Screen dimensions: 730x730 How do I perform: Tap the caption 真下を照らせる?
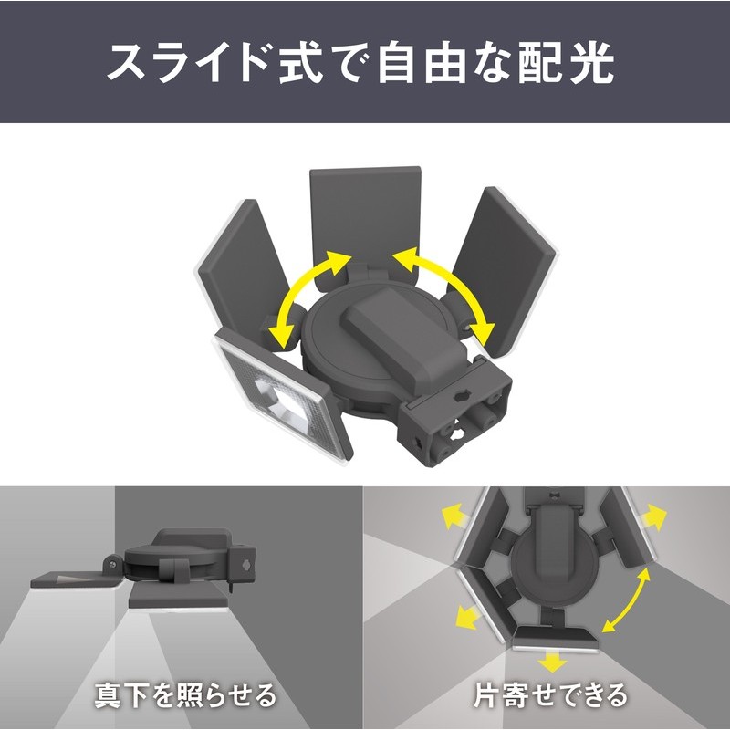(x=185, y=696)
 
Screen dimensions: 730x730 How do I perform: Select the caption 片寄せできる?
(x=550, y=696)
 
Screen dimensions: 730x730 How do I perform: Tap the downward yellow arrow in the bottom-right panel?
(x=547, y=660)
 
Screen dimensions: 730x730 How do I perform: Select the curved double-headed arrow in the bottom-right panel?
(x=629, y=598)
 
